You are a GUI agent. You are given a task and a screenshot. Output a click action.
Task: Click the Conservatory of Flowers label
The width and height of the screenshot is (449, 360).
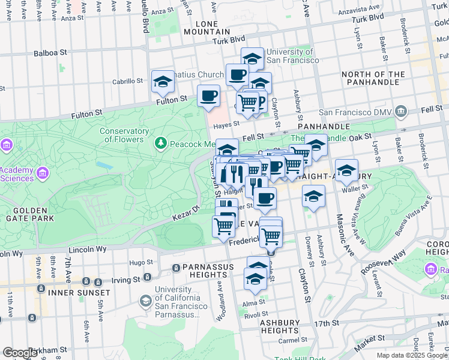(124, 136)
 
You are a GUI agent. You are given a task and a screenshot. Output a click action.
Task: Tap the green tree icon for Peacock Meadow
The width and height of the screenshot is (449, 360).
(160, 143)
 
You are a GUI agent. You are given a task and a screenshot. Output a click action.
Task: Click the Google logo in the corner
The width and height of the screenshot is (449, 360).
(20, 352)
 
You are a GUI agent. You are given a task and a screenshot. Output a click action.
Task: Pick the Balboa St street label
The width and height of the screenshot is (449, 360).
(50, 53)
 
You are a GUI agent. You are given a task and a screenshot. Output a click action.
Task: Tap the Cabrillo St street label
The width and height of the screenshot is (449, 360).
(127, 81)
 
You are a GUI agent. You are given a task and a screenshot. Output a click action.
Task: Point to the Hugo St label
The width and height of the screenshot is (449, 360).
(142, 262)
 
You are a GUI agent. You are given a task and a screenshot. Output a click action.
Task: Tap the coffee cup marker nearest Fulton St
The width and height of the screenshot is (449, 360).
(208, 95)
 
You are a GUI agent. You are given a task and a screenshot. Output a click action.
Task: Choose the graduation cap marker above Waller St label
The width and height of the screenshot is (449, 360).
(346, 170)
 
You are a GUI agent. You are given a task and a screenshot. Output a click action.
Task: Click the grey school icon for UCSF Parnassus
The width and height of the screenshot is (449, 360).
(145, 300)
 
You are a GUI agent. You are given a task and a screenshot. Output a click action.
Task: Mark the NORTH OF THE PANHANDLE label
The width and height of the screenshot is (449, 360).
(373, 79)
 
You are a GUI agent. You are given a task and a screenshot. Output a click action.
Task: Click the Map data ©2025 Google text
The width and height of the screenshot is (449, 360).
(411, 355)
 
